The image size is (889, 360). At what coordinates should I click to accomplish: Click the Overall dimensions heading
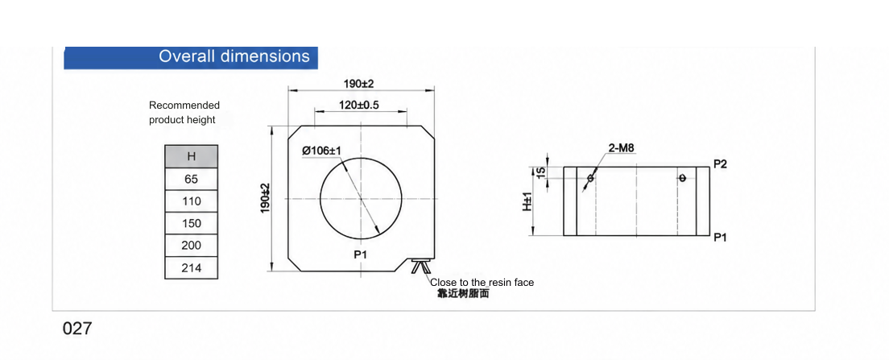pos(234,56)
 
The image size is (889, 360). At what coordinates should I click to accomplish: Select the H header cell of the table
pos(191,156)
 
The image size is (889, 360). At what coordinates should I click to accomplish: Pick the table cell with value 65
pos(191,179)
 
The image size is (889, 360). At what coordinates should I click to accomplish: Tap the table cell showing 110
pos(191,201)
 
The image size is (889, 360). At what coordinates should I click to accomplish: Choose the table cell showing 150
pos(191,223)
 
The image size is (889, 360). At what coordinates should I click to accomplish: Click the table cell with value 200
pos(191,246)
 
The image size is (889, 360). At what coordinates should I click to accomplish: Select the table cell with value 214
pos(191,267)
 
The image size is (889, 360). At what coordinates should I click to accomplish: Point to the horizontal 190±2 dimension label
pos(359,84)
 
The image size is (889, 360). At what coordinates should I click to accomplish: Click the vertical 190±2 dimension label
pos(266,198)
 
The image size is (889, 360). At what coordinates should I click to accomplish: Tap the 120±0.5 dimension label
pos(359,105)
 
